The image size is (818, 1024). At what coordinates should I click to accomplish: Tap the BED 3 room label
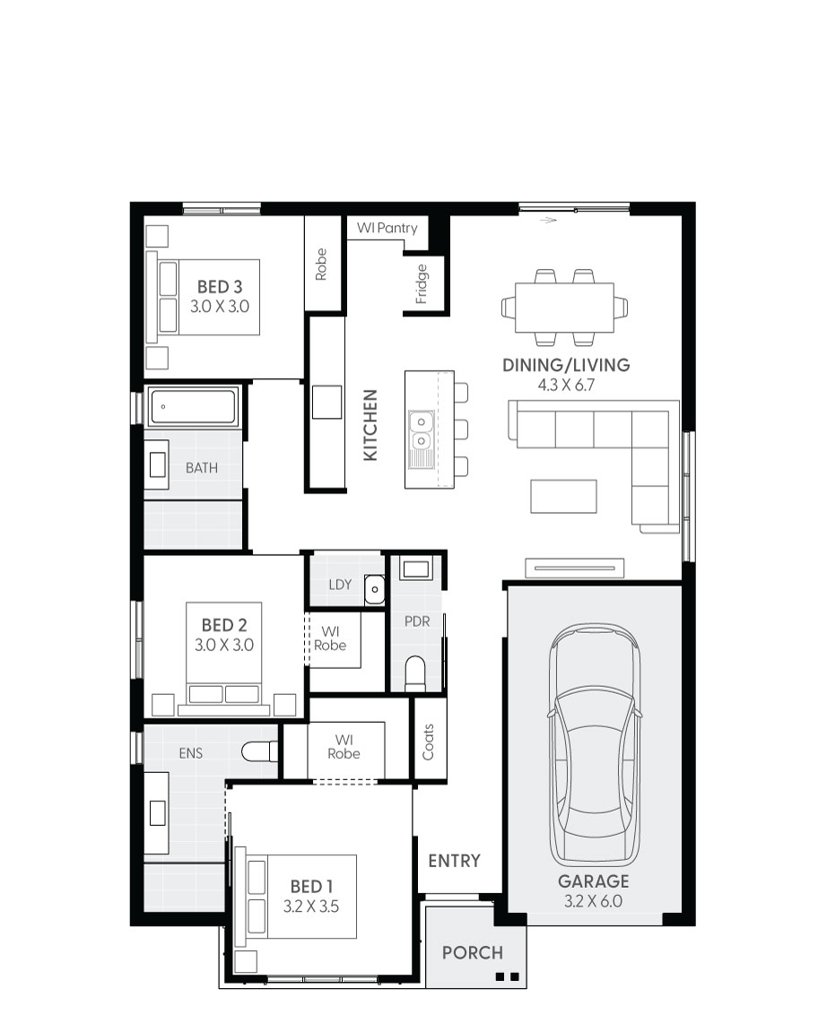[x=220, y=287]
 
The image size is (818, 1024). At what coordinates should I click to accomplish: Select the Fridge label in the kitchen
[x=422, y=284]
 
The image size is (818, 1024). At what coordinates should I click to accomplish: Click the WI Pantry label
[x=387, y=229]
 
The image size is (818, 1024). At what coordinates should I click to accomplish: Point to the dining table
[x=564, y=308]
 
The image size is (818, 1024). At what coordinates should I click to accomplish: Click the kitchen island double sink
[x=419, y=430]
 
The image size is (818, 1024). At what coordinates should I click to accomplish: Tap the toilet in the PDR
[x=415, y=673]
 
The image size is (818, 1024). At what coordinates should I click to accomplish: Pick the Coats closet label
[x=428, y=742]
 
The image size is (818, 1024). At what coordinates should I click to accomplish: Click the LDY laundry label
[x=340, y=585]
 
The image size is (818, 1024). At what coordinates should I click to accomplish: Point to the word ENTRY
[x=454, y=861]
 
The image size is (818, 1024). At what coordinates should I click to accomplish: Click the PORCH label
[x=473, y=952]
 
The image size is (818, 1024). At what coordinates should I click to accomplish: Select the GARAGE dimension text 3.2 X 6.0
[x=593, y=901]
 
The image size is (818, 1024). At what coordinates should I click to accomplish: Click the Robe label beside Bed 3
[x=321, y=265]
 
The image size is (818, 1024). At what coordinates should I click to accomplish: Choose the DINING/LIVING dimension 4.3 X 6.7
[x=567, y=385]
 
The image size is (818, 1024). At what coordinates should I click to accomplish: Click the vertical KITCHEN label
[x=370, y=425]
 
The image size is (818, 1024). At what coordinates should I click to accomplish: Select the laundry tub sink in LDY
[x=375, y=589]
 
